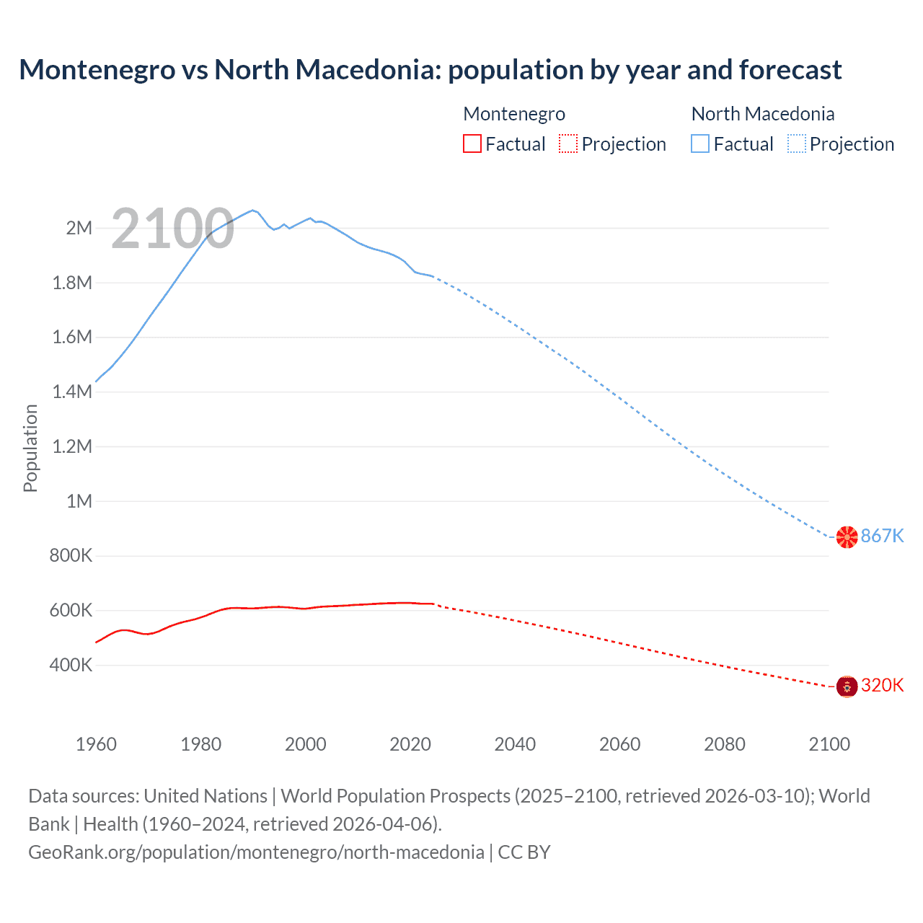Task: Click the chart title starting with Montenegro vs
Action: point(430,70)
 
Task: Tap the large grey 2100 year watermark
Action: point(172,229)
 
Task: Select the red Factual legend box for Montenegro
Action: point(472,144)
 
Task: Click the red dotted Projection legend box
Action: point(568,144)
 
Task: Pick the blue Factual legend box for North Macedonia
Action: point(700,144)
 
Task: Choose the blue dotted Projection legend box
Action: point(796,144)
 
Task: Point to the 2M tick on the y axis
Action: point(79,229)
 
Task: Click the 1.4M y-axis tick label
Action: point(72,392)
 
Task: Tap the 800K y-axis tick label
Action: point(71,556)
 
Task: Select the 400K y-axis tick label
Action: point(71,665)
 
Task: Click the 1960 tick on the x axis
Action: point(96,744)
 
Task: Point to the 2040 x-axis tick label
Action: point(515,744)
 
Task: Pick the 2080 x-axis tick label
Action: point(725,744)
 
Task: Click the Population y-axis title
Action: point(30,448)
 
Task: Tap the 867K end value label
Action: point(882,536)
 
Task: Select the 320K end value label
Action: point(882,685)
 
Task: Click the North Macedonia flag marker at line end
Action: point(847,536)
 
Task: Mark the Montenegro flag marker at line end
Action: point(847,686)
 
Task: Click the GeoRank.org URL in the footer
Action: point(256,852)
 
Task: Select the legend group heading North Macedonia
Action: point(763,114)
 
